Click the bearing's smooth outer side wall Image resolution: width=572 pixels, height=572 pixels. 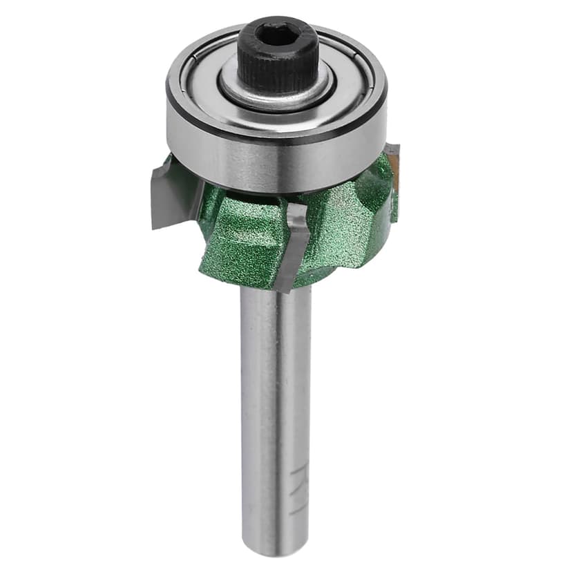(276, 162)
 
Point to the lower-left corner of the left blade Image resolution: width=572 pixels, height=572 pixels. (153, 225)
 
